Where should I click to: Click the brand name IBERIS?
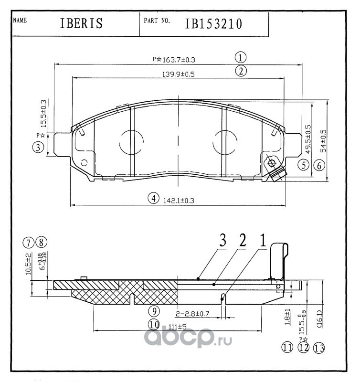[82, 24]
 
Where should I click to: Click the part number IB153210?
[213, 24]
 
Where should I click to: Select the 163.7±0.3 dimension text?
[179, 60]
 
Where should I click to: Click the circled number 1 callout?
[241, 58]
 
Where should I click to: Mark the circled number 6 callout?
[319, 166]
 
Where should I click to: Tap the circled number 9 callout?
[153, 311]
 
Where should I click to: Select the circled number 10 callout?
[153, 325]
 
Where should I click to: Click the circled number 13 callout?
[318, 348]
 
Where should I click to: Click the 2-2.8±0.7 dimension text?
[193, 314]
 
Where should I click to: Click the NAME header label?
[20, 21]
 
